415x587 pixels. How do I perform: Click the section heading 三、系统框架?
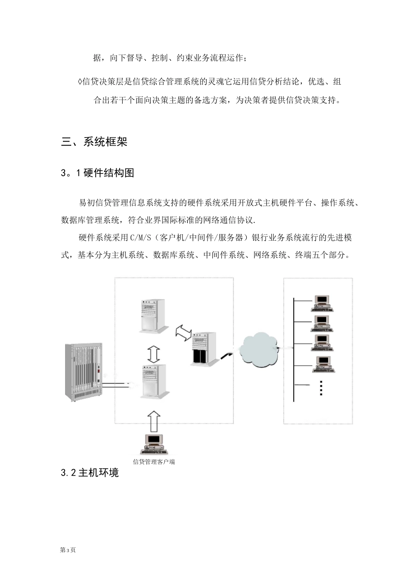click(x=94, y=142)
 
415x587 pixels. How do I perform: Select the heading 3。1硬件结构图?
click(x=98, y=173)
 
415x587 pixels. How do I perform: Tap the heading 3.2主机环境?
click(x=90, y=473)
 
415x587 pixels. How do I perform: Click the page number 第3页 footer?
click(x=68, y=550)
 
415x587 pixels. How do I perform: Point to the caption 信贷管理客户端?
click(x=154, y=462)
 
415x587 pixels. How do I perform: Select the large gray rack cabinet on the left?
click(x=83, y=372)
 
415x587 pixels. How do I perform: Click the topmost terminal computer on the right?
click(x=322, y=303)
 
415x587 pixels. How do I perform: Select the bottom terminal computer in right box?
click(x=324, y=364)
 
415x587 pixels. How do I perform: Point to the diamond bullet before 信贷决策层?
click(x=79, y=82)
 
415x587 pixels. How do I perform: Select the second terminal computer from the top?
click(x=322, y=323)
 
